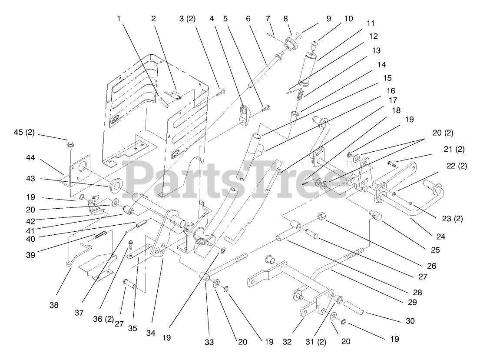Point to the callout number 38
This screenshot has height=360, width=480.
pos(53,305)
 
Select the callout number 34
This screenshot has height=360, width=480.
pos(150,333)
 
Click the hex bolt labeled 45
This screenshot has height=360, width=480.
pos(70,144)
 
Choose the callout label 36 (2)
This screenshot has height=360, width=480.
pos(103,319)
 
